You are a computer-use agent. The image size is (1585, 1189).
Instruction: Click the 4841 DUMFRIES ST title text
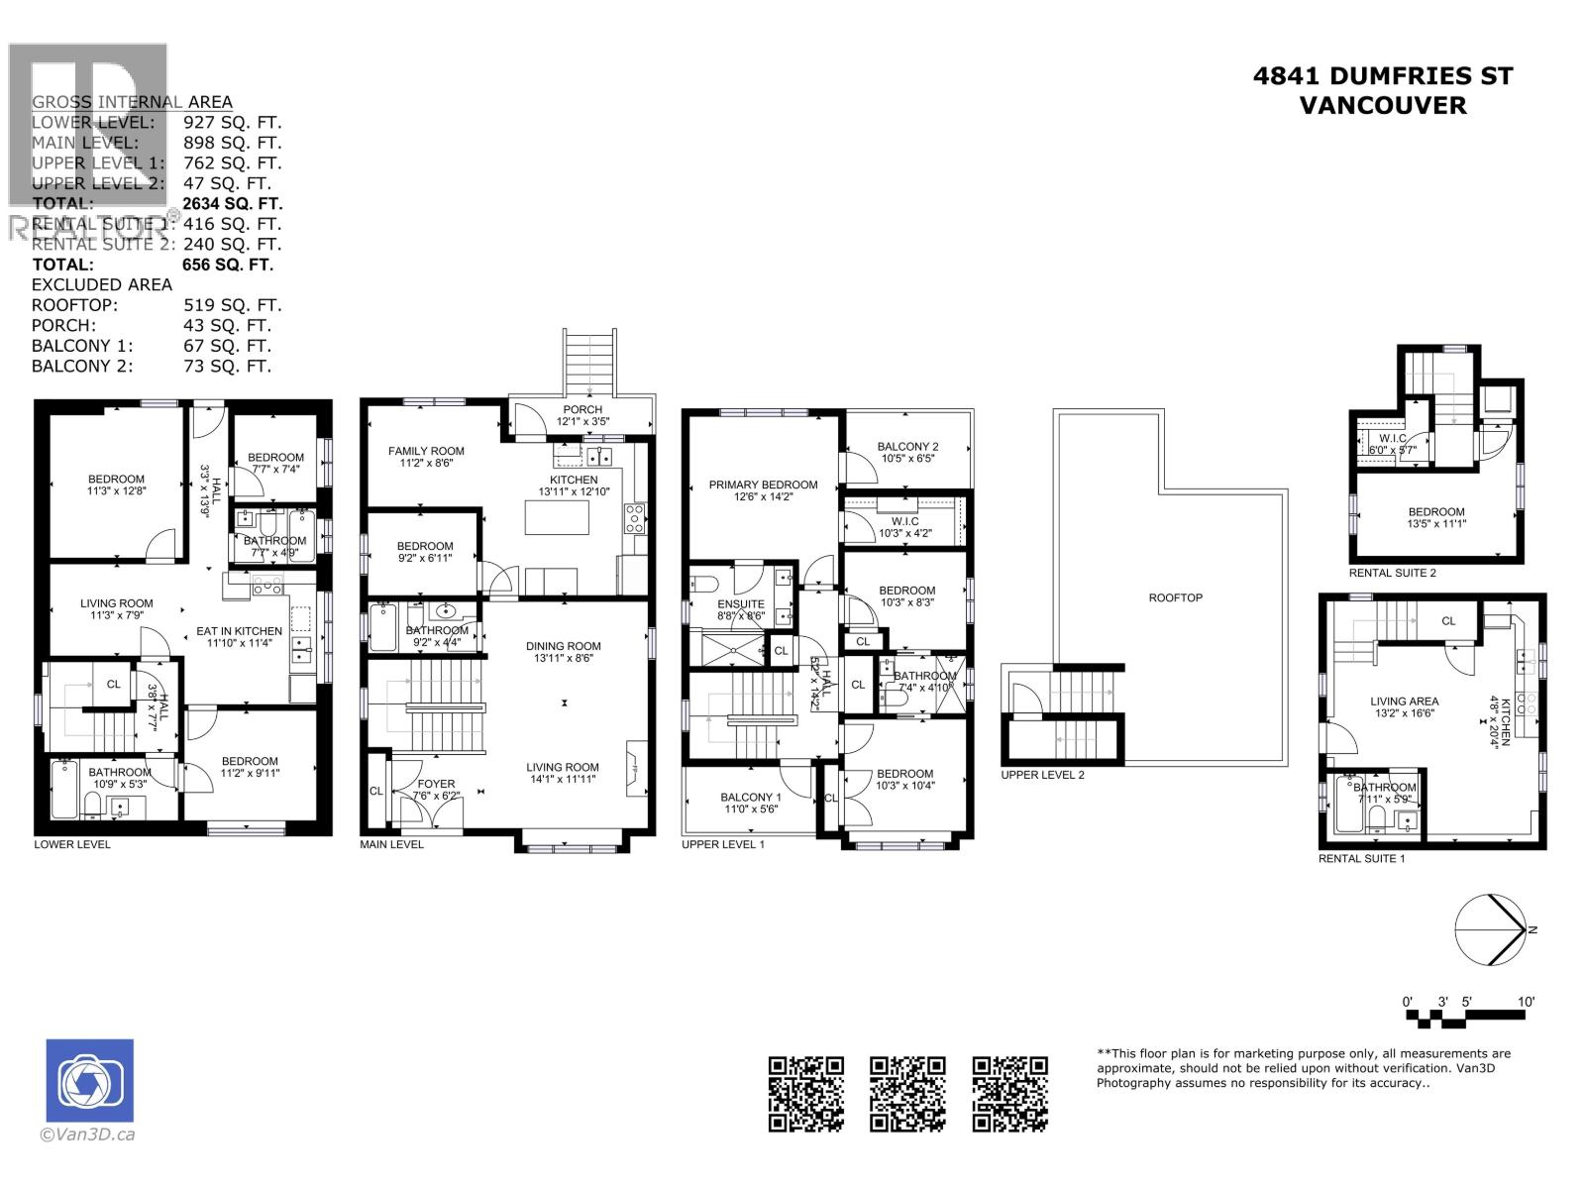pos(1382,76)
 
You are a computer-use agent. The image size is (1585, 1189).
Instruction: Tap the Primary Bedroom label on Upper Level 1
pos(763,485)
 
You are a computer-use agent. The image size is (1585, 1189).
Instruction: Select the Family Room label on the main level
pos(426,451)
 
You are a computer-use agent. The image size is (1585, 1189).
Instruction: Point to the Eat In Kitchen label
pos(239,631)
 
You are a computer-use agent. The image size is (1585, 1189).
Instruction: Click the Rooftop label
pos(1176,597)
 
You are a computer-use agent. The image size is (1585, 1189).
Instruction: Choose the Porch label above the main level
pos(582,409)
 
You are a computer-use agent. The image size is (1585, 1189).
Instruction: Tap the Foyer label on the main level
pos(436,784)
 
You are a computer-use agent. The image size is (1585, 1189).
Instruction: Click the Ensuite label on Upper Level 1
pos(741,604)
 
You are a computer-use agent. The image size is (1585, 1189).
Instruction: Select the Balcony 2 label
pos(907,447)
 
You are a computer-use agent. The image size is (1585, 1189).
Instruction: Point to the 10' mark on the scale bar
pos(1526,1002)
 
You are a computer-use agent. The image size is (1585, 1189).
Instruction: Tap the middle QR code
pos(907,1094)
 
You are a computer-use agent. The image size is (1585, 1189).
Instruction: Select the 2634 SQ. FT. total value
pos(233,203)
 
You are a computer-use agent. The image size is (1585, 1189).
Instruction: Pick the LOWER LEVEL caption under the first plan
pos(72,844)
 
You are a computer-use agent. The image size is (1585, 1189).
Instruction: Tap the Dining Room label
pos(563,646)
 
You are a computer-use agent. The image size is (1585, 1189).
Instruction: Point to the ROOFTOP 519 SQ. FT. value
pos(233,305)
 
